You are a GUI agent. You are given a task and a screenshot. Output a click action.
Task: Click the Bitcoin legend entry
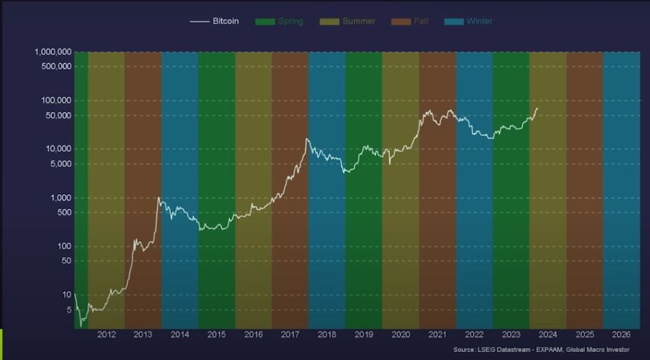point(215,21)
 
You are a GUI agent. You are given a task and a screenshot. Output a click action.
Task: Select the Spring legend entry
point(279,21)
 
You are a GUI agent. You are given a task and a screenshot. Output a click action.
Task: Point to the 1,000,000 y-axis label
point(52,52)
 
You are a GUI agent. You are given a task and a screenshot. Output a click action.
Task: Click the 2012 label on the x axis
point(106,335)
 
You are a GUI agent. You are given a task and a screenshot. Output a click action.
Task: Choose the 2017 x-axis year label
point(290,335)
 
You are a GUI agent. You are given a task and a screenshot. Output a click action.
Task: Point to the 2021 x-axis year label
point(437,335)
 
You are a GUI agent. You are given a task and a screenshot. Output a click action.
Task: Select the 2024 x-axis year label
point(547,335)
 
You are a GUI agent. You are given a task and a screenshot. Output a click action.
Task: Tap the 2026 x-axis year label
point(621,335)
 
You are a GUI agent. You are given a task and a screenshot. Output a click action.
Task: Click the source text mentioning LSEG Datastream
point(541,349)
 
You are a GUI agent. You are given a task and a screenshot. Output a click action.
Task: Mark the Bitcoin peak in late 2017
point(307,139)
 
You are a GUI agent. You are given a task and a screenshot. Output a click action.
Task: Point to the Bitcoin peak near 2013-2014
point(158,198)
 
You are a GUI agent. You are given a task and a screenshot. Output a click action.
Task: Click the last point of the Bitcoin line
point(537,108)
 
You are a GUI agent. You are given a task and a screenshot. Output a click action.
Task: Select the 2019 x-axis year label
point(364,335)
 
